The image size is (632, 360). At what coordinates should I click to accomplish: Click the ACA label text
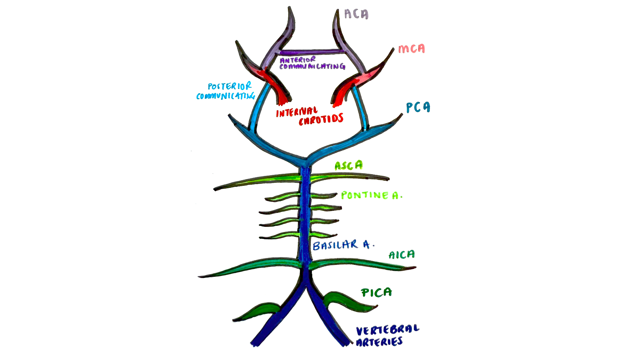(x=356, y=14)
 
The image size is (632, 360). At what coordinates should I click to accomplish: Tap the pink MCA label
(x=411, y=49)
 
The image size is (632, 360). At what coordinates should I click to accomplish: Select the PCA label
(x=418, y=107)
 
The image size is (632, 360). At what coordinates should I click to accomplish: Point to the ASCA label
(x=348, y=166)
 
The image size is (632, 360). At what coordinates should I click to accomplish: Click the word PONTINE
(x=365, y=195)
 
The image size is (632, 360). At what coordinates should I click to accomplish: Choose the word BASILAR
(x=335, y=245)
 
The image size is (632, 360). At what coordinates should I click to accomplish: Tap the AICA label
(x=401, y=255)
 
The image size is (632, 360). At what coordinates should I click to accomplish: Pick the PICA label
(x=376, y=293)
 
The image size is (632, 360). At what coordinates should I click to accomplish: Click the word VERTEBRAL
(x=387, y=330)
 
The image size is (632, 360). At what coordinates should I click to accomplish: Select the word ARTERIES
(x=379, y=342)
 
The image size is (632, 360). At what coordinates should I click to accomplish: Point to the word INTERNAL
(x=297, y=112)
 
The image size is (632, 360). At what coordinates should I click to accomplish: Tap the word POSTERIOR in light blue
(x=229, y=86)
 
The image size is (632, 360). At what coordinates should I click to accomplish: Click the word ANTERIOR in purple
(x=298, y=60)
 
